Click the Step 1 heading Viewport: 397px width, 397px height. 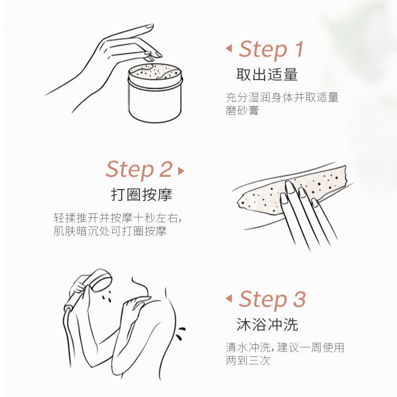coord(271,50)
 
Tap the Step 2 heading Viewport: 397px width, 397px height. coord(139,170)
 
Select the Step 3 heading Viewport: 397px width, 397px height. coord(272,300)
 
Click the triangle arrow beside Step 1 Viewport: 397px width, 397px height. coord(229,48)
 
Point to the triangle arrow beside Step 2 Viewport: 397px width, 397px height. coord(181,171)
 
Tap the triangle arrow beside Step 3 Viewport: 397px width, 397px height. coord(229,298)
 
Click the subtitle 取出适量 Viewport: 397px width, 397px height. coord(267,74)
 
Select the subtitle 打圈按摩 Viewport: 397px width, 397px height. coord(141,195)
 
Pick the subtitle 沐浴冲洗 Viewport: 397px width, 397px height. coord(267,325)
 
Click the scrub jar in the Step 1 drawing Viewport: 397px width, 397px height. coord(155,93)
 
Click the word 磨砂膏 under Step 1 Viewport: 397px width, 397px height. coord(242,110)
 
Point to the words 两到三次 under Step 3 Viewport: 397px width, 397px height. coord(248,361)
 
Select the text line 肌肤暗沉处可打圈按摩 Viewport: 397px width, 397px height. coord(110,231)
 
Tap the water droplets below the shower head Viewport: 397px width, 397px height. coord(107,295)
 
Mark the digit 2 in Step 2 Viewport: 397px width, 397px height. coord(166,169)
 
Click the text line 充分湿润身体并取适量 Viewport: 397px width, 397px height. coord(282,97)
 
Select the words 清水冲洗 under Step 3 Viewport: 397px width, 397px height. coord(248,347)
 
